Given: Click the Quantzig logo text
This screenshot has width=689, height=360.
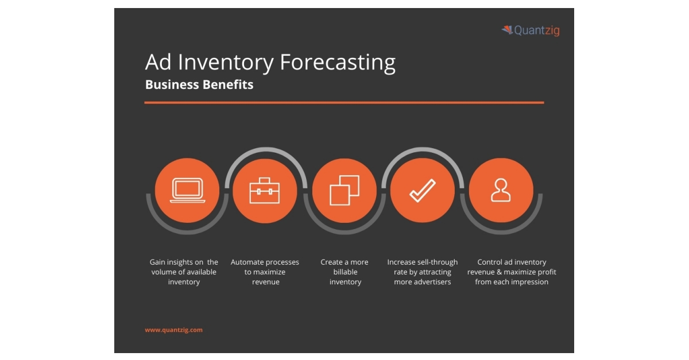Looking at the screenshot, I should [536, 30].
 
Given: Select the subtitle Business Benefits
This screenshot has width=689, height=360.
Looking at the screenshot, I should [199, 85].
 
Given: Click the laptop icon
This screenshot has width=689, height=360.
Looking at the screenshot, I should [187, 191].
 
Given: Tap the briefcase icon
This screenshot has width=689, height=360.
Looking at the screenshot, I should [265, 191].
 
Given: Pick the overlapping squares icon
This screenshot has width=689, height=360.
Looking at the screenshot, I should [344, 191].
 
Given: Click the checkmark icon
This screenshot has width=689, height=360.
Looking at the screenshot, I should [422, 191].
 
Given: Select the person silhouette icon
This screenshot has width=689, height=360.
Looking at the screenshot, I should [501, 191].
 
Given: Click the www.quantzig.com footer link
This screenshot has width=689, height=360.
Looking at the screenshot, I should [173, 330].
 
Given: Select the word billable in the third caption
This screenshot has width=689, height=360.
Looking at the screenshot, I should [345, 272].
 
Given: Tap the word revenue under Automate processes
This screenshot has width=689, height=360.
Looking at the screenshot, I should [265, 282].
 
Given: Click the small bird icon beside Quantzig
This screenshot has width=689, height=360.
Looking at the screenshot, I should [507, 30].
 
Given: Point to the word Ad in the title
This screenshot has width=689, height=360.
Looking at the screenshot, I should [157, 62].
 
